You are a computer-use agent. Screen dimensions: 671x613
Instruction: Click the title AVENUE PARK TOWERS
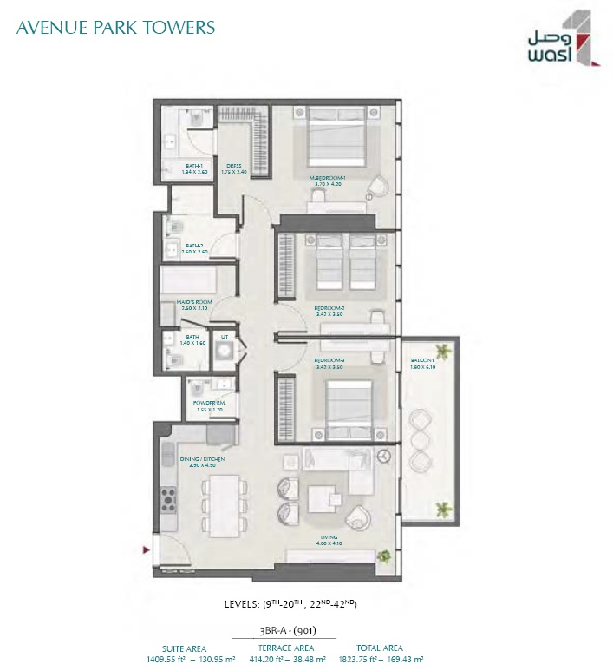pyautogui.click(x=114, y=27)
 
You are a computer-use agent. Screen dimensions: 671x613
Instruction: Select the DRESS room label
pyautogui.click(x=234, y=166)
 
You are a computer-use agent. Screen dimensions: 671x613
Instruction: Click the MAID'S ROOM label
pyautogui.click(x=195, y=304)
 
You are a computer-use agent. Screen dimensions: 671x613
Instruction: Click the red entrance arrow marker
pyautogui.click(x=147, y=548)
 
